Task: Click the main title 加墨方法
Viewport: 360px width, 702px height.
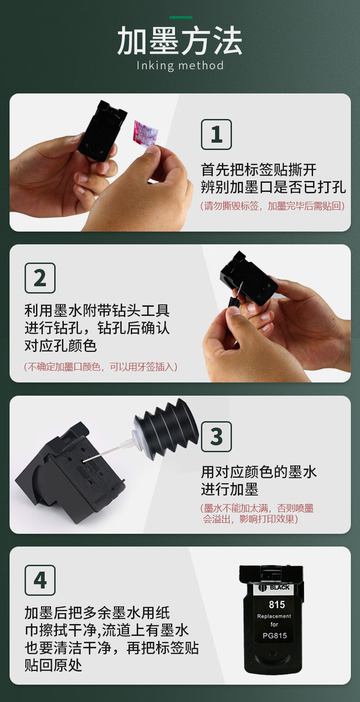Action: [x=180, y=41]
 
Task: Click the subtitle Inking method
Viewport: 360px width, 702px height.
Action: [x=180, y=66]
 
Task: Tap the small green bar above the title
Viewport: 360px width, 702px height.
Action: [x=181, y=17]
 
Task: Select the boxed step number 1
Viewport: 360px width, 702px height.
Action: [x=216, y=134]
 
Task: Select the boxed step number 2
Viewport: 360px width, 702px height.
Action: [x=40, y=278]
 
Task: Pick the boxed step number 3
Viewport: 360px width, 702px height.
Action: [x=216, y=437]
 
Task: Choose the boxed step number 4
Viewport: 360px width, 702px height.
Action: [x=40, y=580]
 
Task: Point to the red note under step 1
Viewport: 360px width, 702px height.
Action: [x=273, y=206]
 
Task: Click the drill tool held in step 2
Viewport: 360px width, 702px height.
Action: [x=236, y=297]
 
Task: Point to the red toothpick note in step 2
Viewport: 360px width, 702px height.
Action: [x=101, y=366]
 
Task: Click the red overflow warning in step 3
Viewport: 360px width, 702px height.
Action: [x=257, y=514]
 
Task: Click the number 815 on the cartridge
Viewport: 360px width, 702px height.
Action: [x=277, y=604]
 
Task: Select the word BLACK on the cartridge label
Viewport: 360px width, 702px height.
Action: [x=280, y=587]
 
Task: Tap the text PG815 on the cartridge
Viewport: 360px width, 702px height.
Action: [x=275, y=635]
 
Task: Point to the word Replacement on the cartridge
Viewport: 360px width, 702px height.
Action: [x=274, y=616]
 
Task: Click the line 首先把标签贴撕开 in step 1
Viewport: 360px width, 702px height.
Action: [x=259, y=170]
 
